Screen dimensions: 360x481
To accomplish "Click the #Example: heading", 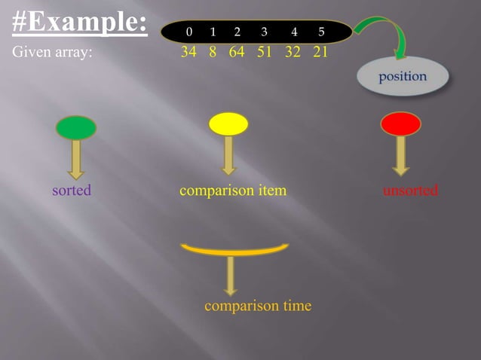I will click(80, 22).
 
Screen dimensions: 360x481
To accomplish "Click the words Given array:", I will click(52, 53).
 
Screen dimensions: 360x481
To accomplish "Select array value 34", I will click(188, 53).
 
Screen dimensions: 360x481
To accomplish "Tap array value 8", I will click(213, 53).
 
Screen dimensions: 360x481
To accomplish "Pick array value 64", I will click(237, 53).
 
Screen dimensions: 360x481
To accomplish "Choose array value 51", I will click(264, 53).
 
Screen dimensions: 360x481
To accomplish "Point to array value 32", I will click(293, 53).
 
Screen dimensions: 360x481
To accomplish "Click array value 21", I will click(320, 53).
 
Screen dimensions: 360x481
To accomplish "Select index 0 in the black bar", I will click(188, 32).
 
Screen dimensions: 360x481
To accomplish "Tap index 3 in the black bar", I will click(264, 32).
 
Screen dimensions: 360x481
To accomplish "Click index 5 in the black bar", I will click(321, 32).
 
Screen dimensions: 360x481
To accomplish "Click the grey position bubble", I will click(403, 77).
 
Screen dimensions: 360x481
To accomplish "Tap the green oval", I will click(76, 127).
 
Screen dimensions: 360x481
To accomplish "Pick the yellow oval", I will click(228, 124).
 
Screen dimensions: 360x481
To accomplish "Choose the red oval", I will click(400, 124).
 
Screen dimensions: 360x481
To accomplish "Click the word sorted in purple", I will click(72, 191).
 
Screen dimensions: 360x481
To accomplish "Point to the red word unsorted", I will click(410, 191).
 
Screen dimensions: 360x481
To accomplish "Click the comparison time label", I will click(257, 306).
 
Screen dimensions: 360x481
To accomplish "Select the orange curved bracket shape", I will click(234, 250).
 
